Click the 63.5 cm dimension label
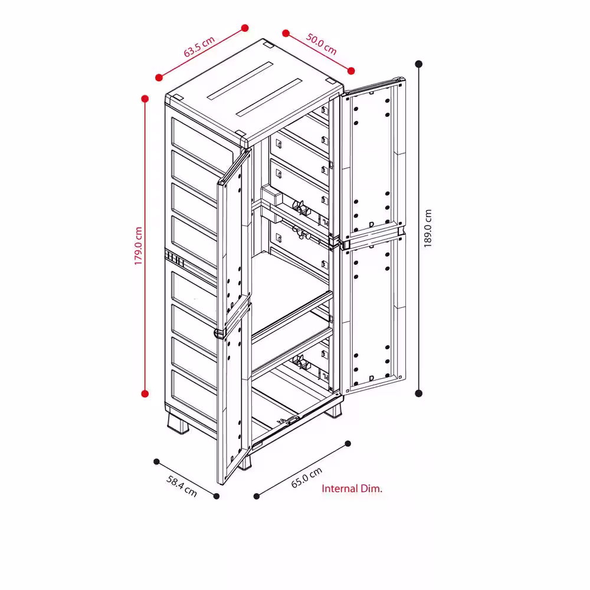[x=199, y=47]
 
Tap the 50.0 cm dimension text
[x=321, y=44]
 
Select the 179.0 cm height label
[x=139, y=246]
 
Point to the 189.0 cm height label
[x=428, y=228]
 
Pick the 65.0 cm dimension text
[x=307, y=478]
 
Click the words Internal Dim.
[x=352, y=489]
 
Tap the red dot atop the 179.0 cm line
[x=145, y=99]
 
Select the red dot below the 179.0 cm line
[x=145, y=394]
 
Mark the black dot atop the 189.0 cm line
[x=419, y=64]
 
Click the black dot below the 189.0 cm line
[x=419, y=394]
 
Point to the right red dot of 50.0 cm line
[x=351, y=71]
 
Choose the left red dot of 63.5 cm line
[x=159, y=77]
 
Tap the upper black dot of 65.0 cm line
[x=348, y=444]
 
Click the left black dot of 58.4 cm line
[x=156, y=462]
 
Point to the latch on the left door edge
[x=219, y=333]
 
